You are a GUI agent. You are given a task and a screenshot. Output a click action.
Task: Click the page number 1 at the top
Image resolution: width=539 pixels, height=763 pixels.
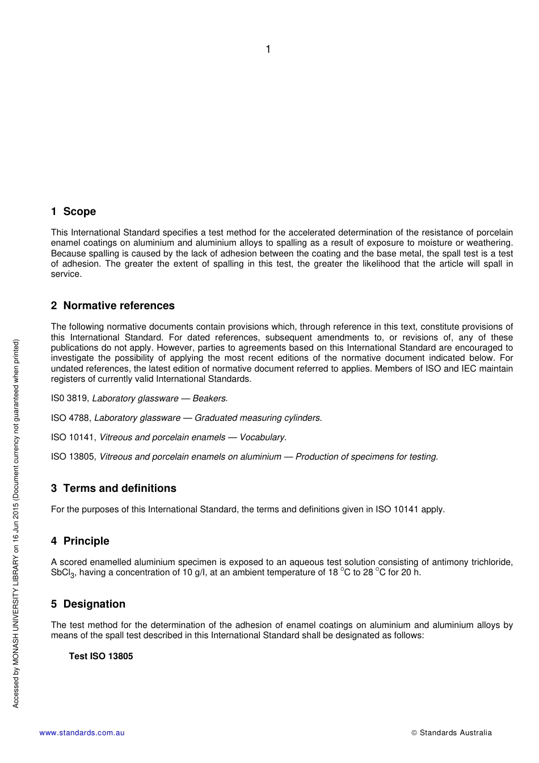tap(268, 49)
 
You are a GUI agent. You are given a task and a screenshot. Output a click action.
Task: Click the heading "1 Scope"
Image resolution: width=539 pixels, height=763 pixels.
tap(73, 212)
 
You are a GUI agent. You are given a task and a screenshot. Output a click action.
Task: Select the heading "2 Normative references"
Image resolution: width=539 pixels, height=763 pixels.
tap(112, 306)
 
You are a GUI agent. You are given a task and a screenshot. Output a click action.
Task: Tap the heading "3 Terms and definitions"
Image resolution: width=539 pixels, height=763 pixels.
tap(113, 488)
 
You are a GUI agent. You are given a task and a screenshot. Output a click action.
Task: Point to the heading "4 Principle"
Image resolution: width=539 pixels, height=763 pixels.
tap(80, 541)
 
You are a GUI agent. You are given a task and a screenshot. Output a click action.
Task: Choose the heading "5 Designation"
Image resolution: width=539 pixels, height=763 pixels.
tap(88, 604)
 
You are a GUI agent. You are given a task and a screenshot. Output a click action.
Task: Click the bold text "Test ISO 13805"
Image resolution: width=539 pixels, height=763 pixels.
tap(101, 656)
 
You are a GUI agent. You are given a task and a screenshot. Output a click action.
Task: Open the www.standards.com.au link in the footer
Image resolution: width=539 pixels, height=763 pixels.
tap(82, 733)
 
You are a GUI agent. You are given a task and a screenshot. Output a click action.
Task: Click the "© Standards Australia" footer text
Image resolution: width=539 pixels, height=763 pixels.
tap(452, 733)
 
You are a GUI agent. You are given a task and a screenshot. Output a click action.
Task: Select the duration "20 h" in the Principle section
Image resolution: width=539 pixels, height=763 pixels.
tap(410, 572)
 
